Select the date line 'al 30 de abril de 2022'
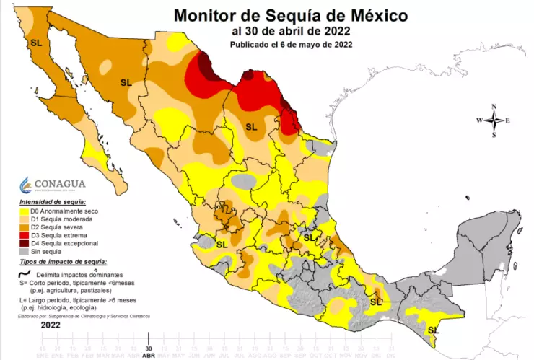click(291, 30)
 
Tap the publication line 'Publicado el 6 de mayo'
click(291, 44)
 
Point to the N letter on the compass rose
click(494, 107)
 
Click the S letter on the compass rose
click(494, 135)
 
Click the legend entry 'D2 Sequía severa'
click(53, 227)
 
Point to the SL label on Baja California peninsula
click(36, 43)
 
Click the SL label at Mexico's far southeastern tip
click(432, 330)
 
